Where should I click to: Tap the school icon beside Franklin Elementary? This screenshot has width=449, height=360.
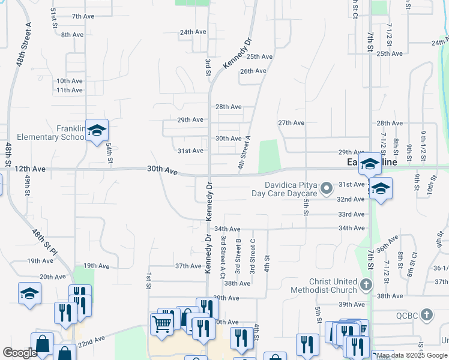(97, 131)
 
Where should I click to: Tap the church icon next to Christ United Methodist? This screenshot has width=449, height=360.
(367, 284)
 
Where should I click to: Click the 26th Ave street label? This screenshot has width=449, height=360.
(253, 71)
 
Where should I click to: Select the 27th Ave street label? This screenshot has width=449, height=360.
(291, 123)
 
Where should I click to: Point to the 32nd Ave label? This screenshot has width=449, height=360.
(351, 199)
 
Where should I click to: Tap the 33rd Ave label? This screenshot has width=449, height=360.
(351, 214)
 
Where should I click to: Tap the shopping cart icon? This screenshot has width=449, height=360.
(162, 325)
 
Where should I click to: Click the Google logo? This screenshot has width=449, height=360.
(20, 353)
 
